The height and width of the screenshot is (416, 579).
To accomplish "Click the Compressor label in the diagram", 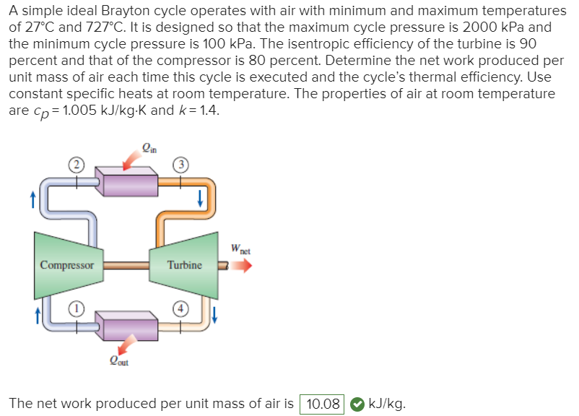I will point(67,265).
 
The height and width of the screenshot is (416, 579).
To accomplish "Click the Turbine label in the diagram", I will point(184,265).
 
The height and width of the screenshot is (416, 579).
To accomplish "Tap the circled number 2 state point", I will point(74,164).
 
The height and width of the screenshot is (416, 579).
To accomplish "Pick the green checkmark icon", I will point(357,404).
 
